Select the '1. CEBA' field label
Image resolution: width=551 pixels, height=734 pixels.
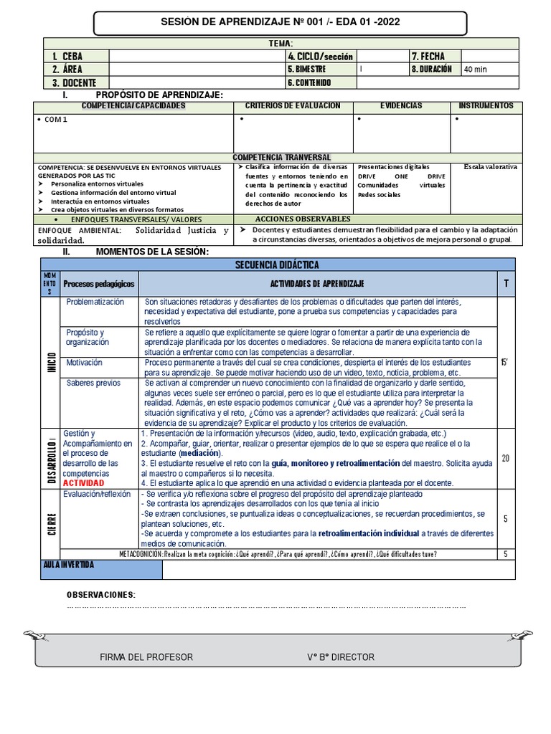67,57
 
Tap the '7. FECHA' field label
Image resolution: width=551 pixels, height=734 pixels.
428,57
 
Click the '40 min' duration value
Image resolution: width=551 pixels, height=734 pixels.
474,70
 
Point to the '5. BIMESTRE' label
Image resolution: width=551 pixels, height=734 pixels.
306,70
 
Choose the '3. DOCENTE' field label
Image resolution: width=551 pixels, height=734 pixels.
74,82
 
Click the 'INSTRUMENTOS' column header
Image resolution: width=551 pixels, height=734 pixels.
486,106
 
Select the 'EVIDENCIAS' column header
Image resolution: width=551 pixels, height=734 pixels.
401,106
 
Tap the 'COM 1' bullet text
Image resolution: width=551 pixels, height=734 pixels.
55,119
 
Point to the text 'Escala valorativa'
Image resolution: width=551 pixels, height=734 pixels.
490,166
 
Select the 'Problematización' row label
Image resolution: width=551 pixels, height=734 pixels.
95,302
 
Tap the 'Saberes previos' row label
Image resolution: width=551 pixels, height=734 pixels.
93,383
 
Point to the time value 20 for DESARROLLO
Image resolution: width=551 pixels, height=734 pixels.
505,459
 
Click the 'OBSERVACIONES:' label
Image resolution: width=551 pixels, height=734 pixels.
100,595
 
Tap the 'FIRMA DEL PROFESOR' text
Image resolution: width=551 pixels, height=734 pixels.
146,657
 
